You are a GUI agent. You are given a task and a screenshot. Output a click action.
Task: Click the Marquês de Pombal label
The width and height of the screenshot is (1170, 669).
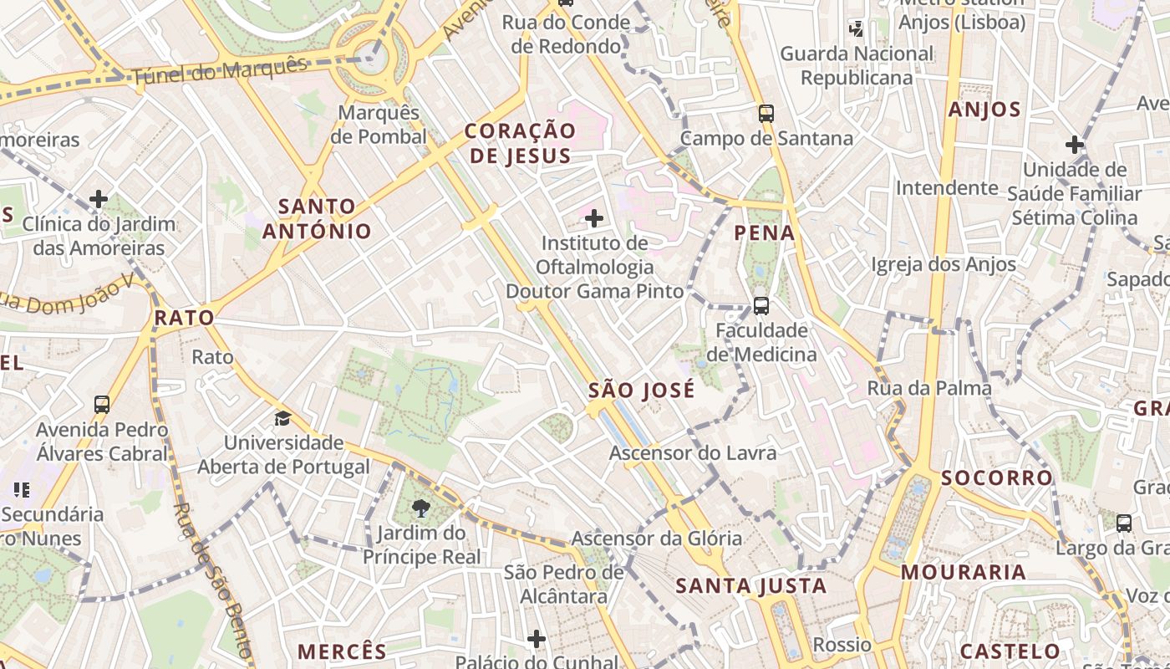[x=379, y=125]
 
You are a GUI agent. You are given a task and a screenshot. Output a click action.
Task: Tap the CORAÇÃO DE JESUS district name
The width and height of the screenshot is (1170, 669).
[x=520, y=143]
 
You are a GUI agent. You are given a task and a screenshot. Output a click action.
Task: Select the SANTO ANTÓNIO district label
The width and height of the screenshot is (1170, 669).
[x=317, y=218]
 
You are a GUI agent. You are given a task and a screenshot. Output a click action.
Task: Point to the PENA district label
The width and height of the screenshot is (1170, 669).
[x=765, y=232]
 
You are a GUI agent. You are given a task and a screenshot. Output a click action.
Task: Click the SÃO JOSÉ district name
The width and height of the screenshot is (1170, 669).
[x=641, y=391]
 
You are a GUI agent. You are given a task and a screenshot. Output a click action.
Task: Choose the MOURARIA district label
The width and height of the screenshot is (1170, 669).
[x=964, y=572]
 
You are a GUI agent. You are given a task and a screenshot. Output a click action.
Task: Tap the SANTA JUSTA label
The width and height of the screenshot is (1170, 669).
[x=750, y=585]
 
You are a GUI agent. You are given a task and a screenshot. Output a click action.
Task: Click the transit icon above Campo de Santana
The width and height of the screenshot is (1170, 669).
[x=766, y=113]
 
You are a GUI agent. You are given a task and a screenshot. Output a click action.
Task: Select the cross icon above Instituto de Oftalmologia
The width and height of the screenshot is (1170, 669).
[x=594, y=219]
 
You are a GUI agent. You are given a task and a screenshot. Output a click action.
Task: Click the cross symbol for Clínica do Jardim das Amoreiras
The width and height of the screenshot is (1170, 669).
[x=99, y=199]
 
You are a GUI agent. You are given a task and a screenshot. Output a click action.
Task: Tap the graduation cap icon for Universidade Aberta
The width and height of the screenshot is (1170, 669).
[x=283, y=417]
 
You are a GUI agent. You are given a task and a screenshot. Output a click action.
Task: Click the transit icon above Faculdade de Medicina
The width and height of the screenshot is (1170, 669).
[x=761, y=306]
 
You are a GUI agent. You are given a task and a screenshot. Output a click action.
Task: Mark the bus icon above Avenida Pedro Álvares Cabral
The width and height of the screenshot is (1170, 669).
[x=102, y=405]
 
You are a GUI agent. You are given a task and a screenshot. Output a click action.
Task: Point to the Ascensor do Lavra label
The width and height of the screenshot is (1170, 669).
[x=693, y=453]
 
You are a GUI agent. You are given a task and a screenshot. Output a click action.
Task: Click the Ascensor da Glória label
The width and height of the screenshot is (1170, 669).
[x=656, y=539]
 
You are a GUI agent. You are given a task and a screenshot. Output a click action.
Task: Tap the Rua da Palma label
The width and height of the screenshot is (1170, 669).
[x=929, y=388]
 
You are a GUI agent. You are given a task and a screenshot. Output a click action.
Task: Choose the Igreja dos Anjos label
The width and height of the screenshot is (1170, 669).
[x=943, y=265]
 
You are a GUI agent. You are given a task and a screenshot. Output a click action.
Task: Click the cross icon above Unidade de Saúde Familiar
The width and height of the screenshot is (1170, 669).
[x=1075, y=145]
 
